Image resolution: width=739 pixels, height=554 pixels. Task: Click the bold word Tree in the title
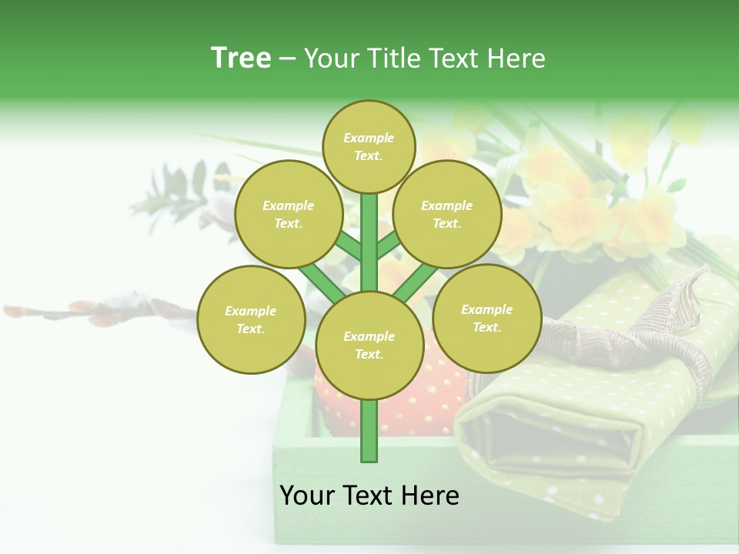(241, 58)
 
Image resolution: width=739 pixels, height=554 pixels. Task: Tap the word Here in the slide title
(517, 58)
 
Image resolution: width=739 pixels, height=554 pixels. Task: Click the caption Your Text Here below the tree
(369, 496)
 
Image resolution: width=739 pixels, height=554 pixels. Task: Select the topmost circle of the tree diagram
(369, 146)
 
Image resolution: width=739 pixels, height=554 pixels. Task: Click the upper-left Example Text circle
(289, 214)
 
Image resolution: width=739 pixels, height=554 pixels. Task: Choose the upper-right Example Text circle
(447, 214)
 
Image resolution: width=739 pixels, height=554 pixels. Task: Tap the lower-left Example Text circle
(251, 319)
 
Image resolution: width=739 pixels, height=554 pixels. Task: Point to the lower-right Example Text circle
(487, 318)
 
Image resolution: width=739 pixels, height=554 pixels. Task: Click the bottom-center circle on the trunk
(369, 345)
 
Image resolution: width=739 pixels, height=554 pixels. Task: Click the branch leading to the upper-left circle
(348, 247)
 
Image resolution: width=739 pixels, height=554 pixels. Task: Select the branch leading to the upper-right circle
(389, 245)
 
